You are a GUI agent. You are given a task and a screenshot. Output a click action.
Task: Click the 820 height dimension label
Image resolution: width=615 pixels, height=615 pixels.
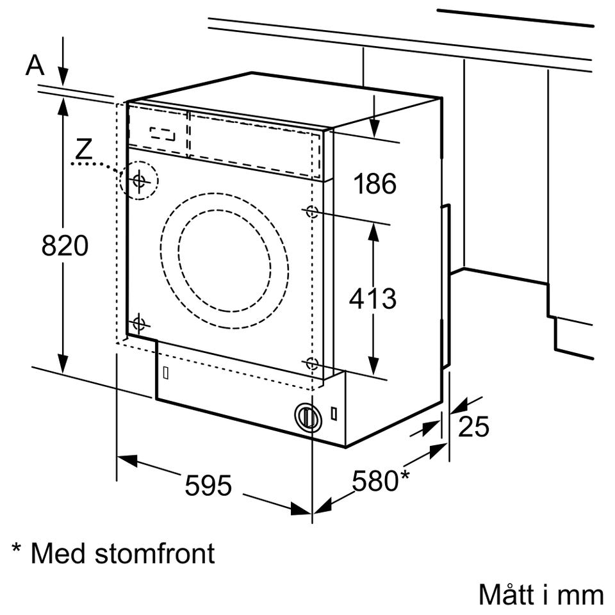click(x=65, y=246)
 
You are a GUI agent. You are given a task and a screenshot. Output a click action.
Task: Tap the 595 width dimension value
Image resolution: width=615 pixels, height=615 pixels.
click(x=208, y=485)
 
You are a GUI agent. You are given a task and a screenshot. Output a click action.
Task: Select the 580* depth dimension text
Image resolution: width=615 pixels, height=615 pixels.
click(x=381, y=480)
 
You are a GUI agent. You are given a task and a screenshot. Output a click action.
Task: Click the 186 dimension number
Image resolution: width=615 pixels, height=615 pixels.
click(x=375, y=183)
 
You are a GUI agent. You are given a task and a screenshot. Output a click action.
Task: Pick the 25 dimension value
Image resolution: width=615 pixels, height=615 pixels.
click(x=473, y=427)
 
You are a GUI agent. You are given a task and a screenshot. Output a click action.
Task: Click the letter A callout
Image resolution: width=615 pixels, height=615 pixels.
click(x=35, y=65)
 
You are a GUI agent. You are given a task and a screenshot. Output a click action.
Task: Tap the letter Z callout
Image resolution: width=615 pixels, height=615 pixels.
click(x=83, y=148)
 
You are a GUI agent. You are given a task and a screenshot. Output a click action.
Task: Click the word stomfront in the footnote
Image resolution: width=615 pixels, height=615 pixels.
click(x=155, y=553)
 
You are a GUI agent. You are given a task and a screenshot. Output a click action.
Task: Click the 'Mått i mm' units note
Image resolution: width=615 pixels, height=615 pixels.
click(x=541, y=594)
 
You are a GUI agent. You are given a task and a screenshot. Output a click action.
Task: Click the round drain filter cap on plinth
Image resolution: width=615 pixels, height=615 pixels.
click(x=308, y=416)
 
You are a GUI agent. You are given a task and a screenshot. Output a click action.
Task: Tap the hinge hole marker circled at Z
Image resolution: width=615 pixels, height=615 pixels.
click(x=139, y=181)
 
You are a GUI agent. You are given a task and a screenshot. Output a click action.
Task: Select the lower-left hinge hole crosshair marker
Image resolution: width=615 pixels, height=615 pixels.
click(x=139, y=324)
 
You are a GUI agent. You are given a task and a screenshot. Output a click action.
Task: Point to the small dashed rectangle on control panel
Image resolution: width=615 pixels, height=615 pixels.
click(x=162, y=134)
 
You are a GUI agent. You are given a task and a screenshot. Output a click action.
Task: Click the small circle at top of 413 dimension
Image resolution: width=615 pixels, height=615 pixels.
click(x=312, y=211)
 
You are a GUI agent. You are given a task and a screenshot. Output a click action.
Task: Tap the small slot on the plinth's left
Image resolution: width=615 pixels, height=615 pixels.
click(x=165, y=373)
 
